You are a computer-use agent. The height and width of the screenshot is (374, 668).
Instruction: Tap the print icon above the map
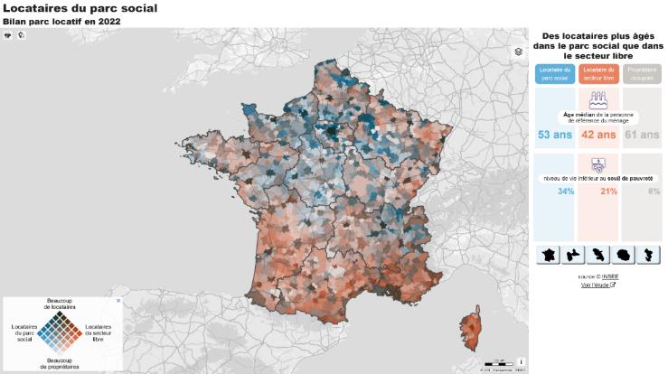pyautogui.click(x=8, y=35)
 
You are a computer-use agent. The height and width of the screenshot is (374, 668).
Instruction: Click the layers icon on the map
pyautogui.click(x=518, y=51)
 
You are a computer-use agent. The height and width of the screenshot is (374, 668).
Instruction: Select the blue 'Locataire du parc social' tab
pyautogui.click(x=554, y=73)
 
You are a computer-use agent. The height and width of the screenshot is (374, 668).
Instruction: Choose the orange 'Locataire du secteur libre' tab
pyautogui.click(x=597, y=73)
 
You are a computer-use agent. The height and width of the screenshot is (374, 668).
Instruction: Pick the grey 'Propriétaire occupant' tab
pyautogui.click(x=641, y=73)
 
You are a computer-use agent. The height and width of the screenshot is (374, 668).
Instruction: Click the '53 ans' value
pyautogui.click(x=554, y=135)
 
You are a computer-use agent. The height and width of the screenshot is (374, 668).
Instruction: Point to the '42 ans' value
pyautogui.click(x=597, y=135)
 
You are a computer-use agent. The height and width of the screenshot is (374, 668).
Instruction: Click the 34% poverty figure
pyautogui.click(x=566, y=192)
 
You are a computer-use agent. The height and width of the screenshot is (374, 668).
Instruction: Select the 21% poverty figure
pyautogui.click(x=608, y=192)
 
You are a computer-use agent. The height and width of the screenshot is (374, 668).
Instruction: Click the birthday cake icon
pyautogui.click(x=597, y=99)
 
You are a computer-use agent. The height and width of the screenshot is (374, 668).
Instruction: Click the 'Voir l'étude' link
pyautogui.click(x=597, y=285)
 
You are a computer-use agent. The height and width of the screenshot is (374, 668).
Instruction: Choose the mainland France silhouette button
pyautogui.click(x=549, y=255)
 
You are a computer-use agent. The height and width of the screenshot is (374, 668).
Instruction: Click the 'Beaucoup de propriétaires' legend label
pyautogui.click(x=60, y=364)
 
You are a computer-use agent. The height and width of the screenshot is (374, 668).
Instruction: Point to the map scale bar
pyautogui.click(x=498, y=362)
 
